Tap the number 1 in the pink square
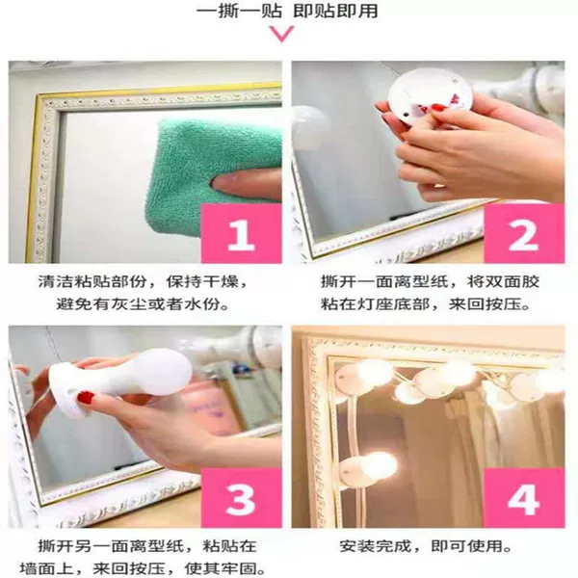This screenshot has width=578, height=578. [x=241, y=235]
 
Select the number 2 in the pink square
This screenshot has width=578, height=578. [x=523, y=234]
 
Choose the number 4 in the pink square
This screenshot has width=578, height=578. [x=523, y=499]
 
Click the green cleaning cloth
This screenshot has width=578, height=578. [x=206, y=173]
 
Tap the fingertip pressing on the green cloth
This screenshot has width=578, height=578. [x=222, y=182]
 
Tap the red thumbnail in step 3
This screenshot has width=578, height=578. [x=86, y=397]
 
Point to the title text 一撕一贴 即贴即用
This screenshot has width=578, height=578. [x=287, y=11]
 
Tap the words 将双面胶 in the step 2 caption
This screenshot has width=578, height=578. [x=503, y=282]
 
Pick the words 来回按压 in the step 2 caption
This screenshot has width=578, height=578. [x=485, y=304]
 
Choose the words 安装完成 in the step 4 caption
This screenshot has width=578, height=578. [x=376, y=546]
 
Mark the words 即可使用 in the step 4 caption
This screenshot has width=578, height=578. [x=466, y=546]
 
